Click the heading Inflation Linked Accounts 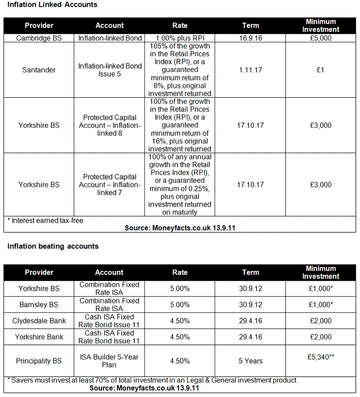click(53, 5)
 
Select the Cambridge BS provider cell click(39, 38)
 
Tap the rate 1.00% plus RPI click(180, 38)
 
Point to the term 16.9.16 click(250, 38)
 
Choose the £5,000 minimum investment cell click(320, 38)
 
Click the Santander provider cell click(39, 70)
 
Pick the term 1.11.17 click(250, 70)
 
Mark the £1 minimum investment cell click(320, 70)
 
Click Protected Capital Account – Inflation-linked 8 click(109, 125)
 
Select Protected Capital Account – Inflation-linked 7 click(109, 185)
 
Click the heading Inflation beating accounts click(53, 246)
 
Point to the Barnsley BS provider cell click(39, 305)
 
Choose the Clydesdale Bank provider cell click(39, 321)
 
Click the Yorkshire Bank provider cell click(39, 337)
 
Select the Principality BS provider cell click(39, 361)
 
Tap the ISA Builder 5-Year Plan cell click(109, 361)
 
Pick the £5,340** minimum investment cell click(320, 357)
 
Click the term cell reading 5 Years click(250, 361)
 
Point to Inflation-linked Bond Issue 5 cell click(109, 70)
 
